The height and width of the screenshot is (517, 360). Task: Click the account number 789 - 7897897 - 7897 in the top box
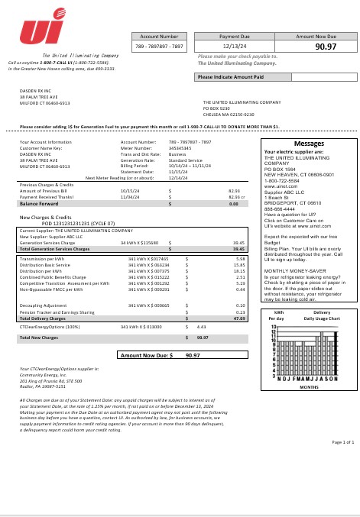pos(159,47)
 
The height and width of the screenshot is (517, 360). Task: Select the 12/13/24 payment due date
pos(234,47)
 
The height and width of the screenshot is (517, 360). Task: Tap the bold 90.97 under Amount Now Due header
pos(326,47)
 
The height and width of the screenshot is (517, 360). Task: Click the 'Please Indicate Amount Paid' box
pos(230,77)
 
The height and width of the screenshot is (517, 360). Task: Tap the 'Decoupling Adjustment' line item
pos(44,305)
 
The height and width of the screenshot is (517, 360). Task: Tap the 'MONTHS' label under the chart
pos(308,387)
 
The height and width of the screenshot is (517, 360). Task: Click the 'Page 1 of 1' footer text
pos(343,442)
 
